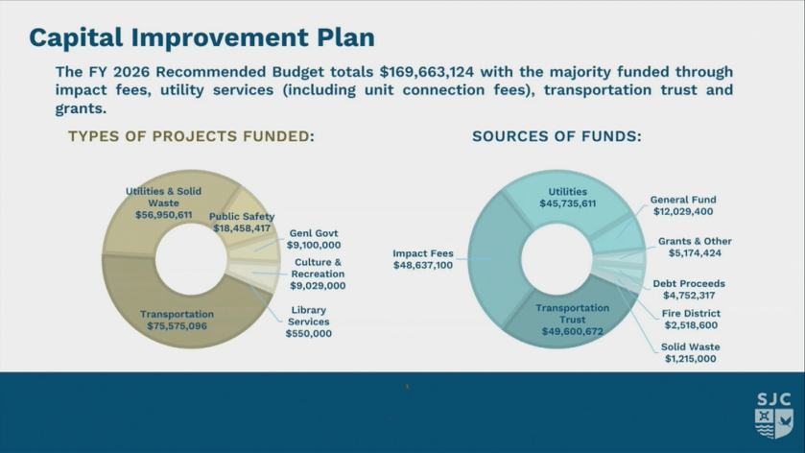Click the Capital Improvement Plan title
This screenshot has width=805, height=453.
pos(201,37)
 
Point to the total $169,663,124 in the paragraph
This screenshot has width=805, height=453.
pos(427,71)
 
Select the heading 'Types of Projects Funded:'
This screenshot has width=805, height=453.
pos(192,136)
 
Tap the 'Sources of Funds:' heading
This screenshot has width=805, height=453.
pos(557,136)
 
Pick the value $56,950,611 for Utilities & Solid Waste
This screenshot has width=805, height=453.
pos(164,215)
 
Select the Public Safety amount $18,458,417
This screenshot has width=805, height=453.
pos(242,228)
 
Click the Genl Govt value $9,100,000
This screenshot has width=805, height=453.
pos(314,245)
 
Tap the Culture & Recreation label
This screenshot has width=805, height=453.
pos(318,268)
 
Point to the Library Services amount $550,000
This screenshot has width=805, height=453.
pos(309,333)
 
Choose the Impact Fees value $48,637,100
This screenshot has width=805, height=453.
pos(423,265)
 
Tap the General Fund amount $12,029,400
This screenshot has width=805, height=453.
pos(683,211)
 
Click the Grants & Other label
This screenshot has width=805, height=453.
pos(695,241)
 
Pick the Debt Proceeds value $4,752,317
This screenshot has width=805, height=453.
pos(689,296)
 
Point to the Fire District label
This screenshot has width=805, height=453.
pos(691,313)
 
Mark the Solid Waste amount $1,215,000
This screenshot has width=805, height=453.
pos(691,359)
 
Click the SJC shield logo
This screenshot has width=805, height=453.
pos(774,416)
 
